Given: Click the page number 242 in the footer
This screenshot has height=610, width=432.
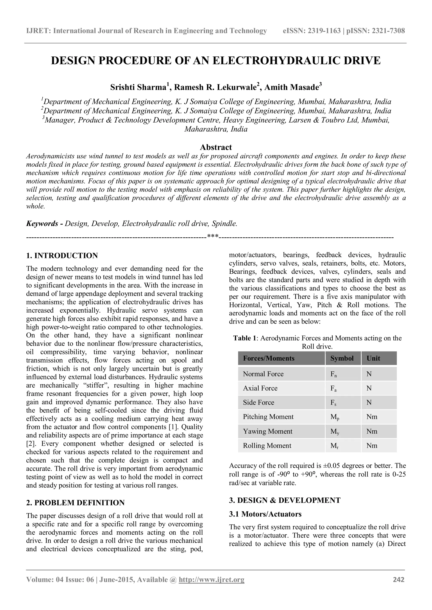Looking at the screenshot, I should coord(398,579).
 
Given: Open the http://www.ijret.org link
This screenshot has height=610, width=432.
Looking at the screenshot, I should coord(212,579).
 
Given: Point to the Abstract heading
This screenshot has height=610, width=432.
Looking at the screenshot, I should coord(216,147).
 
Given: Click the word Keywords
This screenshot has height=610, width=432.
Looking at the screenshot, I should coord(42,223).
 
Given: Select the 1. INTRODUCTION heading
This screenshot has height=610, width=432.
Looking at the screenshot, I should coord(62,256).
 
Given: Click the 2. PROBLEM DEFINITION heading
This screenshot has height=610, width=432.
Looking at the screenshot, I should coord(75,503).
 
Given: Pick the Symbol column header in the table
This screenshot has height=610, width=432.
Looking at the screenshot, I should coord(342,359).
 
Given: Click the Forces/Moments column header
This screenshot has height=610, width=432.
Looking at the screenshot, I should coord(269,359).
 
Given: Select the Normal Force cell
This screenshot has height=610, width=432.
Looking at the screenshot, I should coord(263,374).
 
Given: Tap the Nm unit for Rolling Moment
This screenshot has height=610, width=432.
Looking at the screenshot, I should coord(372,445).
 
